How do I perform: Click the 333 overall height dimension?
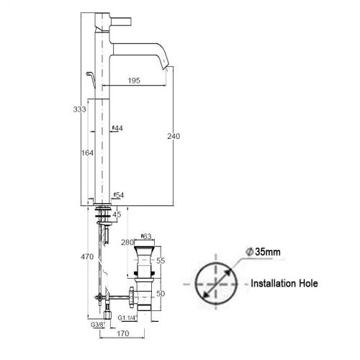[x=79, y=109]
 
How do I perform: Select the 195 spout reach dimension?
[x=134, y=81]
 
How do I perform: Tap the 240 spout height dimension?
[x=174, y=136]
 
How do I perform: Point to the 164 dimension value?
[x=87, y=153]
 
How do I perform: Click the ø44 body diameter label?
[x=117, y=128]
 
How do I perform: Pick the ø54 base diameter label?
[x=119, y=195]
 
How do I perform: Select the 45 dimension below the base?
[x=117, y=215]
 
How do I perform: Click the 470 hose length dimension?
[x=87, y=257]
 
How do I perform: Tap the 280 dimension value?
[x=127, y=243]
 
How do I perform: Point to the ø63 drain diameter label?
[x=146, y=236]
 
